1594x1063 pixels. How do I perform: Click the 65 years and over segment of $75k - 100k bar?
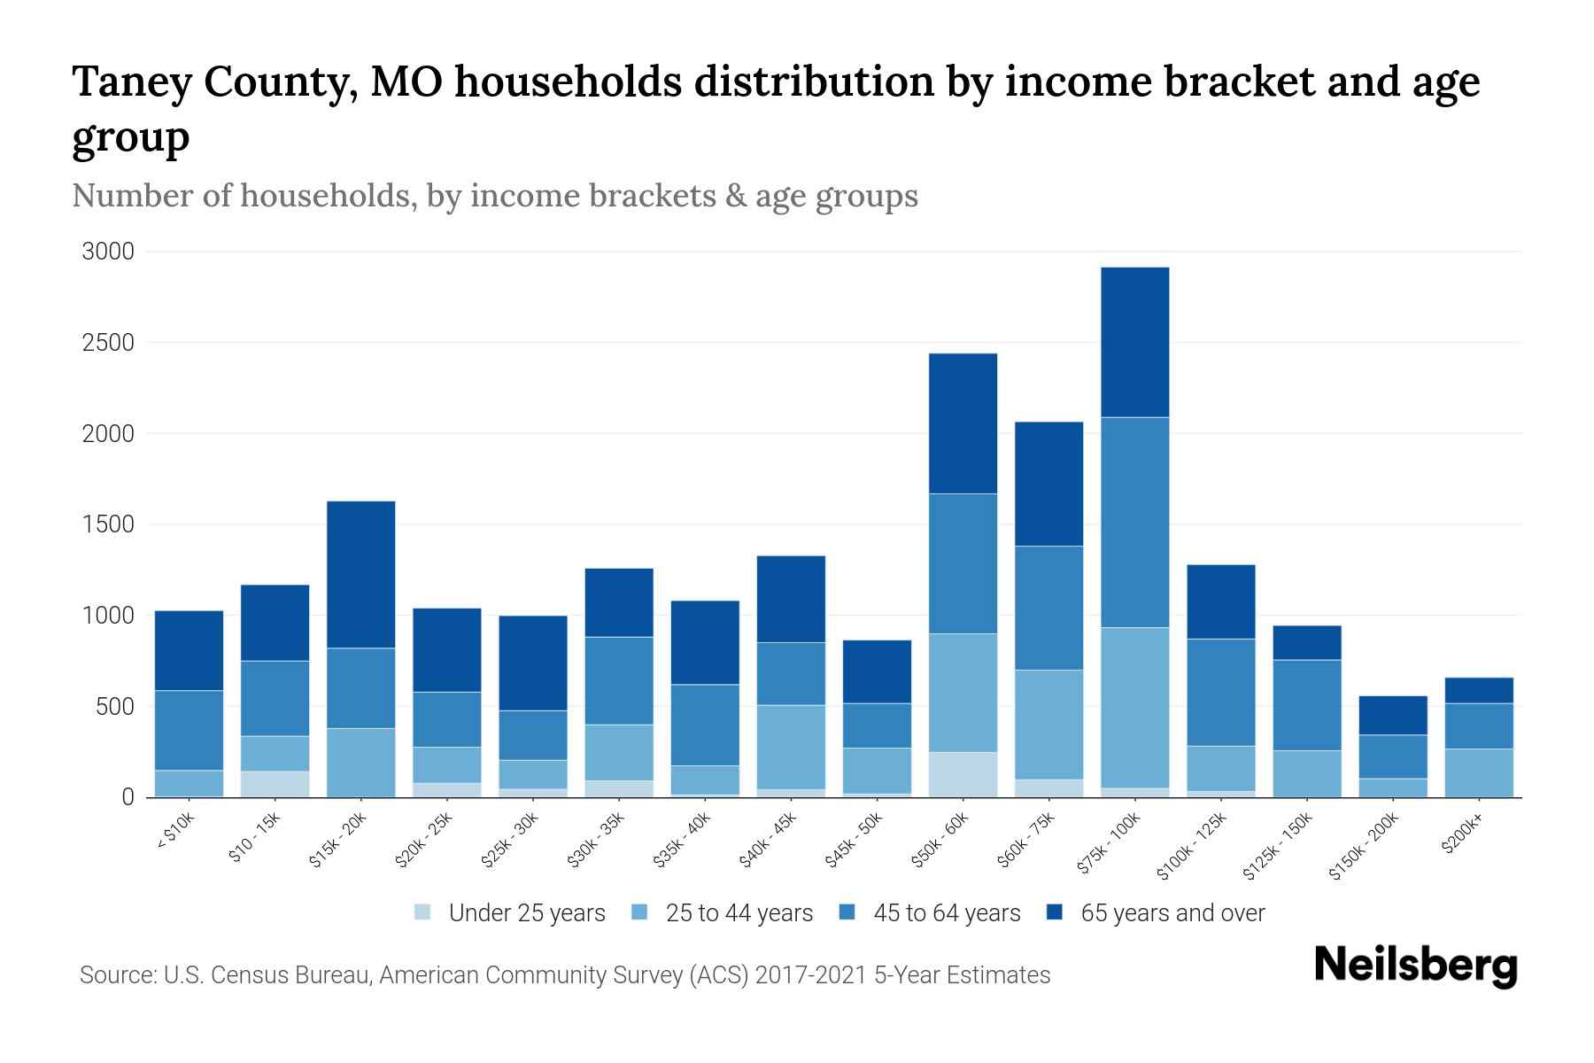pos(1134,342)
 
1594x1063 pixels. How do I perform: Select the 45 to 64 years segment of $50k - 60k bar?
pos(963,563)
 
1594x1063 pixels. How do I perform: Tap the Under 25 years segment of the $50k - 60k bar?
pos(963,774)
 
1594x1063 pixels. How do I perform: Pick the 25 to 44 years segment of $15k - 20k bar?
pos(360,762)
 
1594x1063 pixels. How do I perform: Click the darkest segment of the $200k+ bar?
pos(1479,690)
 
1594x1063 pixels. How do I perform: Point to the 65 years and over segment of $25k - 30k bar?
pos(533,663)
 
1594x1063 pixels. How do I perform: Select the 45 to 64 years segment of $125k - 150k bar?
pos(1307,705)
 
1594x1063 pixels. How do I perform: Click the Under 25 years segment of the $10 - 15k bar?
pos(275,784)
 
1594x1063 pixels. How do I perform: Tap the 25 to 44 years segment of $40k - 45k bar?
pos(791,747)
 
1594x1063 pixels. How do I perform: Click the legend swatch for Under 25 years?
pos(423,912)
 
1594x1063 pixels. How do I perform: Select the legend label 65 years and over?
pos(1172,913)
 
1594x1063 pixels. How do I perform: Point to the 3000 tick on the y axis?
pos(108,252)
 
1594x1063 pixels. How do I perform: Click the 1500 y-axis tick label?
pos(108,524)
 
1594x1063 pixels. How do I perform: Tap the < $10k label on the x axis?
pos(176,832)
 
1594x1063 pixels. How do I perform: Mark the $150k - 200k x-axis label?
pos(1365,847)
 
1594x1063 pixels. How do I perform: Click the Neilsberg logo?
pos(1414,965)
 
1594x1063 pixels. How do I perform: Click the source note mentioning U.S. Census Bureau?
pos(565,975)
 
